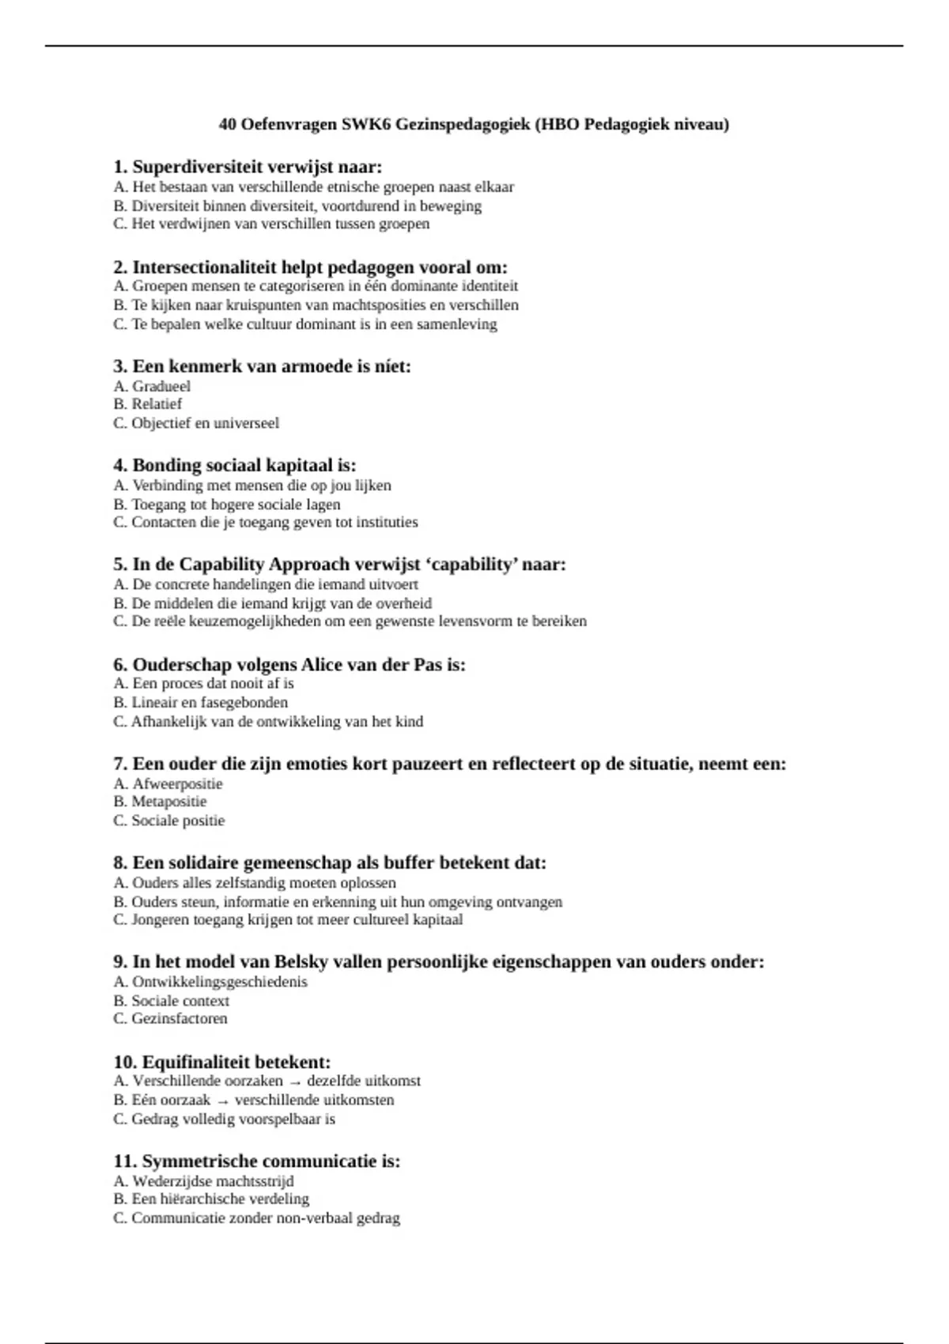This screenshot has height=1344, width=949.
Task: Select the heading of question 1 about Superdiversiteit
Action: tap(248, 167)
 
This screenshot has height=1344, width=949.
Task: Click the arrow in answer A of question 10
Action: tap(294, 1082)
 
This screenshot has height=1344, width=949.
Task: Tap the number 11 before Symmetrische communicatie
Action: tap(124, 1161)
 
